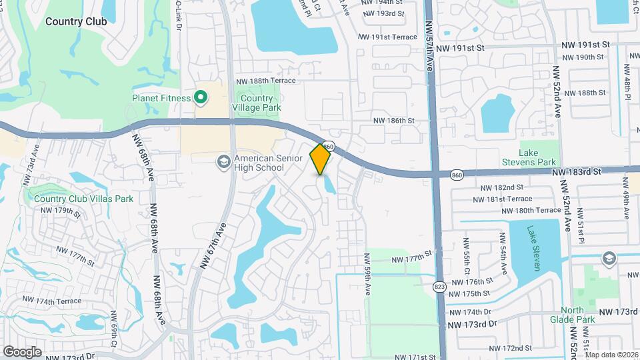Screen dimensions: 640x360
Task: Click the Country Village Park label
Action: tap(257, 103)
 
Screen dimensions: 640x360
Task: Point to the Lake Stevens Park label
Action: tap(537, 158)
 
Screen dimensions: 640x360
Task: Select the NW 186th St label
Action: tap(394, 121)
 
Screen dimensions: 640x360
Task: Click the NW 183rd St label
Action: tap(577, 171)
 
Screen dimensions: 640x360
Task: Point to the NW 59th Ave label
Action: tap(367, 274)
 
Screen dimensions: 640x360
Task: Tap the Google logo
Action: tap(22, 351)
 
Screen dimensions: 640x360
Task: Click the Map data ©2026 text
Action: tap(611, 355)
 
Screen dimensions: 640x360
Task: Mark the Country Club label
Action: tap(76, 21)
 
